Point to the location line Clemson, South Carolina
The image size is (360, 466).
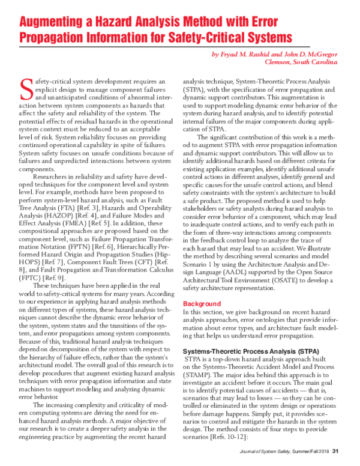point(297,62)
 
